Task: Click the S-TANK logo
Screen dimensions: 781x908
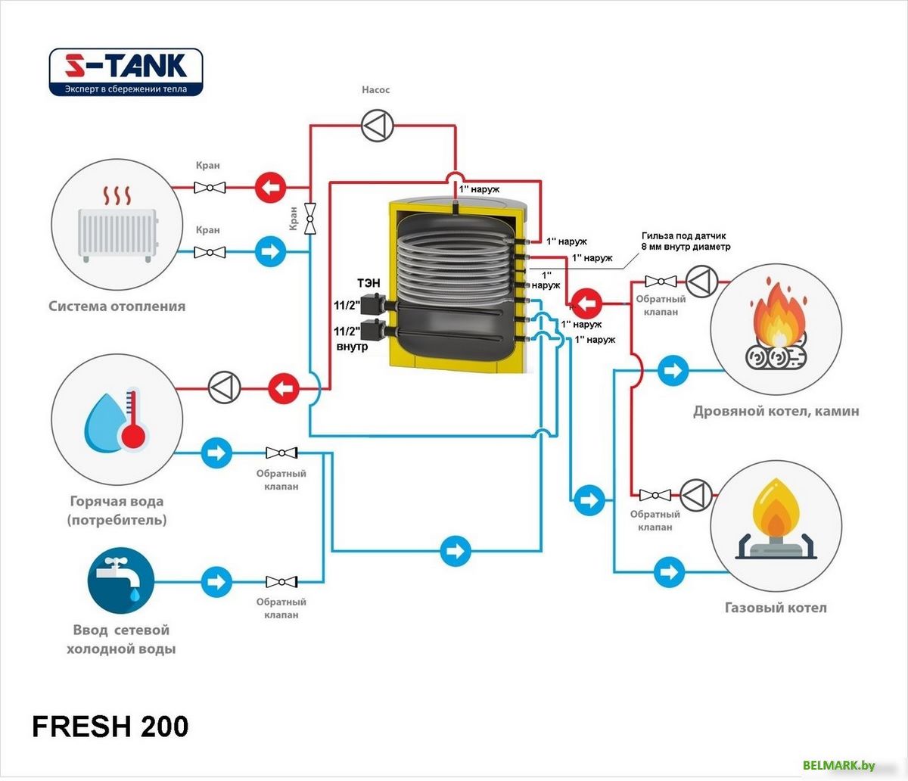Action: (x=126, y=72)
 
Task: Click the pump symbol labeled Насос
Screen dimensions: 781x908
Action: (x=376, y=126)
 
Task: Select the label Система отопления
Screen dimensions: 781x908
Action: (x=117, y=306)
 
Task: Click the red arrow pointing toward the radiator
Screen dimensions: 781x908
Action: (x=269, y=187)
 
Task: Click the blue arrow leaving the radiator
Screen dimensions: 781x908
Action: (x=269, y=251)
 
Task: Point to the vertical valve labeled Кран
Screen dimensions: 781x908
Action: (x=310, y=219)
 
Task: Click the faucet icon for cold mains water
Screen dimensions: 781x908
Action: (x=121, y=580)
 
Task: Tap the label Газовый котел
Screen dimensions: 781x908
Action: (x=776, y=608)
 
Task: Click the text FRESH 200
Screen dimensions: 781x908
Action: (x=110, y=727)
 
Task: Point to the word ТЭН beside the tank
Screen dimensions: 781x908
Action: (x=368, y=283)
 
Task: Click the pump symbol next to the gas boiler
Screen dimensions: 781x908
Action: (x=696, y=495)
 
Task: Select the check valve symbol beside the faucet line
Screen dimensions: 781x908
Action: (x=281, y=582)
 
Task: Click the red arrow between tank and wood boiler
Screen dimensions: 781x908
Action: (x=586, y=304)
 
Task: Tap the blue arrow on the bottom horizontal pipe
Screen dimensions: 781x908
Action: (x=456, y=550)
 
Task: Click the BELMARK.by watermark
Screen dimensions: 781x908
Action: (x=838, y=766)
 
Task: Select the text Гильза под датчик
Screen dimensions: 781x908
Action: (x=683, y=236)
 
